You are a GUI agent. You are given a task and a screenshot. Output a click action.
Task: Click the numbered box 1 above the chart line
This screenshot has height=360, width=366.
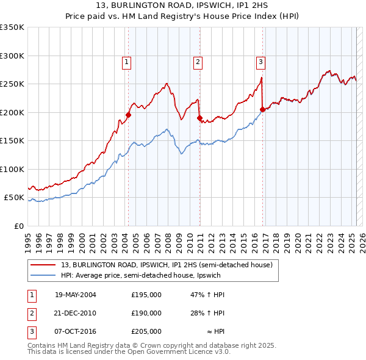coord(126,61)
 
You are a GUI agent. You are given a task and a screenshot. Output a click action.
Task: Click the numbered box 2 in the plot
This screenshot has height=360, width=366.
coord(199,61)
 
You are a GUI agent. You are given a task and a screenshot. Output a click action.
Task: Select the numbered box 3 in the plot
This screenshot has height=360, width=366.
coord(260,61)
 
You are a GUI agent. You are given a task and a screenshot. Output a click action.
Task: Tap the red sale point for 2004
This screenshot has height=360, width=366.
coord(129,115)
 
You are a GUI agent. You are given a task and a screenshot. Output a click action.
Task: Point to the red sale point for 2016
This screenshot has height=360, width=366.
coord(262,109)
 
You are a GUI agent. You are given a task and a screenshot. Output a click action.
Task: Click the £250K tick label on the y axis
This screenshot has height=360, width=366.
coord(12,84)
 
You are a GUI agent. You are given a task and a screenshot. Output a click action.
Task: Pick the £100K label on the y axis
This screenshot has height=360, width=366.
coord(12,169)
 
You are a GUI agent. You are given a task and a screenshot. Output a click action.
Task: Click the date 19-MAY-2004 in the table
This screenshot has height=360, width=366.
coord(76,295)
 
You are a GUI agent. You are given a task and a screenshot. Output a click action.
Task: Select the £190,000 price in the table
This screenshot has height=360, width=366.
coord(146,313)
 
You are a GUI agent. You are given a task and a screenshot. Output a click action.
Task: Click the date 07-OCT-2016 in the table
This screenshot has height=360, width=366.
coord(76,331)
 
